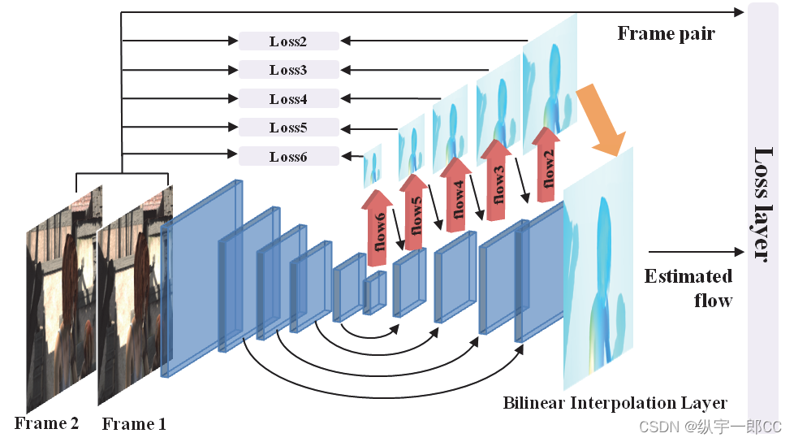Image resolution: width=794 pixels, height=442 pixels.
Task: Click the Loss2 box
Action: [288, 41]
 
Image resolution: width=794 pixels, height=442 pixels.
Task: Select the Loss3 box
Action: [288, 70]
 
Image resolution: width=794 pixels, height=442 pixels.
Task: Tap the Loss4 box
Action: [288, 99]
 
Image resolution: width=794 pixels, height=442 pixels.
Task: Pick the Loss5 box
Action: [288, 128]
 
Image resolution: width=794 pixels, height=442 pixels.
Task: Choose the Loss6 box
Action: [288, 156]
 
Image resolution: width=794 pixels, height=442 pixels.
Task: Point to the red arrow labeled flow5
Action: [415, 211]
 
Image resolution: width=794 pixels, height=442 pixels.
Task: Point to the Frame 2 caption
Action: [46, 423]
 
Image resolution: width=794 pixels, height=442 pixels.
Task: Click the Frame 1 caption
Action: [134, 424]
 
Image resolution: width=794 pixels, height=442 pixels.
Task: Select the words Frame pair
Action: [666, 34]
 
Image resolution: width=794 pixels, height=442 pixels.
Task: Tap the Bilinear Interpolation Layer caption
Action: [615, 403]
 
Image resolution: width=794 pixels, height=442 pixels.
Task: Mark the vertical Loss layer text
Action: [763, 203]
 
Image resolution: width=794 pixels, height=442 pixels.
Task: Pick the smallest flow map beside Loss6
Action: [372, 166]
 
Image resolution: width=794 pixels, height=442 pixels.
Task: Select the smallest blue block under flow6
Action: [374, 292]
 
